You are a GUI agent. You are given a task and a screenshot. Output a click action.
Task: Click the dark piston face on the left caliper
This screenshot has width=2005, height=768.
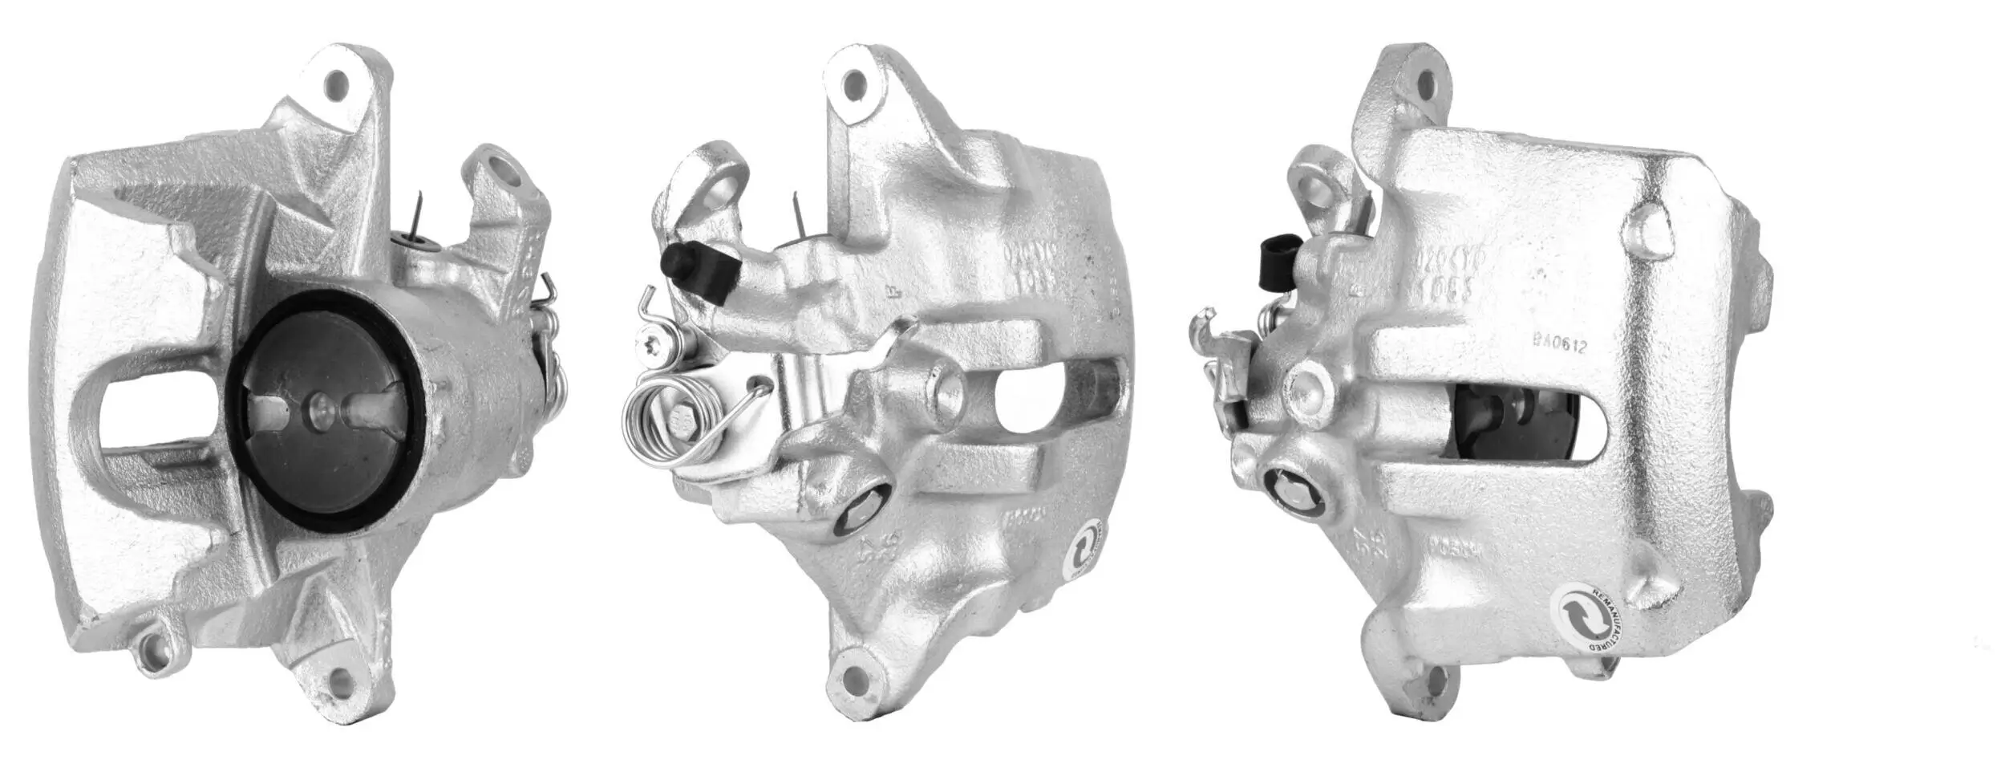coord(321,449)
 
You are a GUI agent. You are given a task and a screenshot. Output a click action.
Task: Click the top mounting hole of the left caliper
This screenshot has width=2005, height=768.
coord(336,82)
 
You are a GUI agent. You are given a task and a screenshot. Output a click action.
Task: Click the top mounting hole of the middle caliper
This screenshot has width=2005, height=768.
coord(854,83)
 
